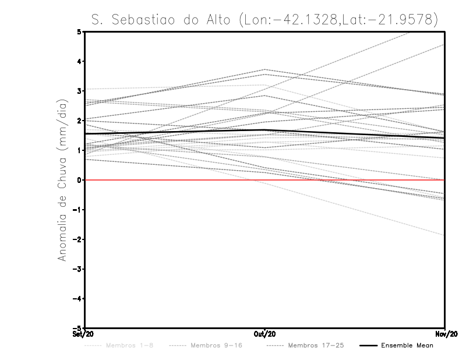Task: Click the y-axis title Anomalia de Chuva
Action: point(62,180)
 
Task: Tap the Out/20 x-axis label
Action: point(264,334)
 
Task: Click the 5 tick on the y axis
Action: point(80,31)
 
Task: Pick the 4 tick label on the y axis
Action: point(80,61)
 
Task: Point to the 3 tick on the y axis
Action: point(80,91)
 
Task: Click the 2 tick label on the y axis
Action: point(80,121)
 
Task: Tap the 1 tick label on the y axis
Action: point(80,150)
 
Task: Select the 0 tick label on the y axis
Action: point(80,180)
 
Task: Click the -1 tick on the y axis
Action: point(78,210)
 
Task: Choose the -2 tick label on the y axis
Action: point(78,239)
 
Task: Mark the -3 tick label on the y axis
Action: point(78,269)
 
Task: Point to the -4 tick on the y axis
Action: point(78,299)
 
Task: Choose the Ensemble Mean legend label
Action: point(407,345)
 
